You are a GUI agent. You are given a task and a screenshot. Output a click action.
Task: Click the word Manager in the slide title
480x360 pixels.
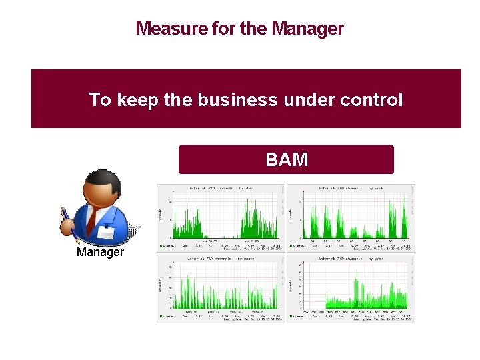(308, 29)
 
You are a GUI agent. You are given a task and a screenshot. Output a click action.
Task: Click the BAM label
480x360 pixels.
(287, 160)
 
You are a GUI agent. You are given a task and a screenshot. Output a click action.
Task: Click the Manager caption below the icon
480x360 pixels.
(100, 252)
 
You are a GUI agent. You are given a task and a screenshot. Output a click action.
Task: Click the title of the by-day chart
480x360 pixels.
(220, 189)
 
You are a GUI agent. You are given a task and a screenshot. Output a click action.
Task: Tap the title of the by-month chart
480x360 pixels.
(220, 259)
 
